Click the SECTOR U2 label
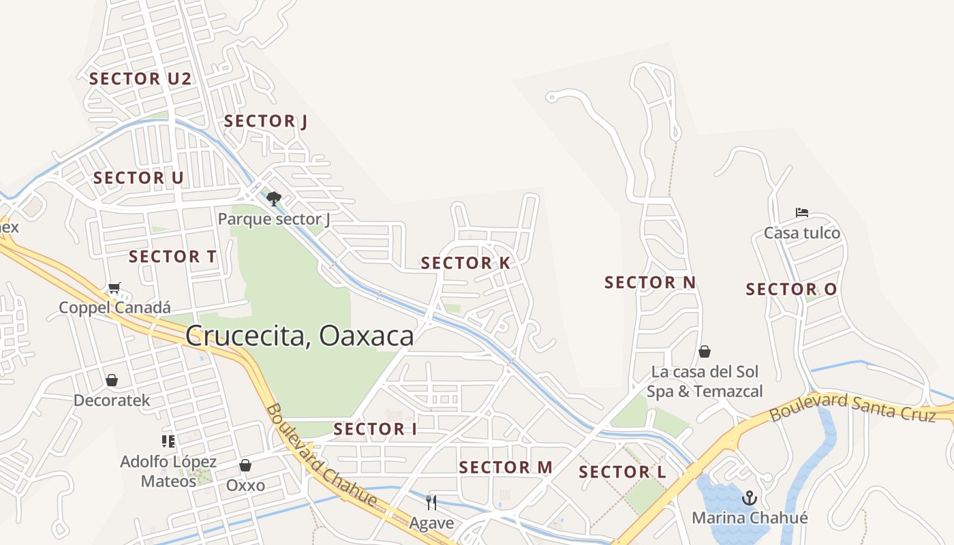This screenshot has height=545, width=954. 140,78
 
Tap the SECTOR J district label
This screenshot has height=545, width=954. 266,121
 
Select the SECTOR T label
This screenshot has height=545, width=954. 172,257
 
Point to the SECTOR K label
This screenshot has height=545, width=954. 465,263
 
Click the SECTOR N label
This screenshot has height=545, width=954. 650,282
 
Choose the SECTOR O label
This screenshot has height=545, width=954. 791,290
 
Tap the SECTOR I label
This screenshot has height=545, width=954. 375,429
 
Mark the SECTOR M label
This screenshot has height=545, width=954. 505,467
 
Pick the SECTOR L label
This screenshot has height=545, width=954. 622,472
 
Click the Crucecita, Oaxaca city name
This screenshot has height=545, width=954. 299,336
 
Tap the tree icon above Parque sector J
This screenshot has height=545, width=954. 274,199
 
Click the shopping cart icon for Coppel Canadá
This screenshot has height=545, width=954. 114,288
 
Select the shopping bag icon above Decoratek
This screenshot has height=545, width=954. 112,380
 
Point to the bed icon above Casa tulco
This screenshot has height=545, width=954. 802,213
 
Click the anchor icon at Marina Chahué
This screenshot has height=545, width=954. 750,498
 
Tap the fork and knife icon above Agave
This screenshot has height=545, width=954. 431,503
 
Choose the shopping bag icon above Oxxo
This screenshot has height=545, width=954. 245,465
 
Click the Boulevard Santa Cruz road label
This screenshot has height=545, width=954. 852,406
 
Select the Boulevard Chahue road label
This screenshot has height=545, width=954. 321,455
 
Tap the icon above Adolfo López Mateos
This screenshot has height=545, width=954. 168,441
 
